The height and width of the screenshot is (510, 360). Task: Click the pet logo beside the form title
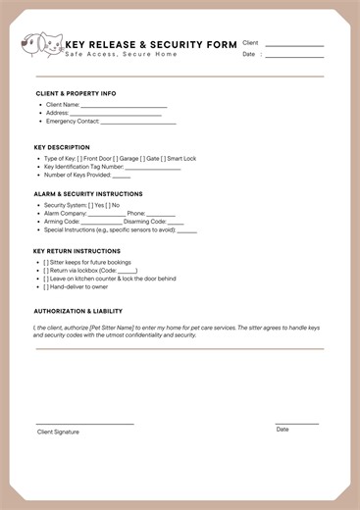41,44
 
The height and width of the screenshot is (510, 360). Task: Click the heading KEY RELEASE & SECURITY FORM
150,45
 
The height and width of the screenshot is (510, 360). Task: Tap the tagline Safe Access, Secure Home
122,54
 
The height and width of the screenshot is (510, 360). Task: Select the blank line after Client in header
294,45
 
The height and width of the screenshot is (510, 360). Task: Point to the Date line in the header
294,57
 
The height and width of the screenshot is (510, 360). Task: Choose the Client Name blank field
124,106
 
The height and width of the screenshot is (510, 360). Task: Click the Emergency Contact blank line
138,123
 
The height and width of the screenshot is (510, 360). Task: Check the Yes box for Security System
91,205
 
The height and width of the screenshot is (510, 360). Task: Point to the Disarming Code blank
176,222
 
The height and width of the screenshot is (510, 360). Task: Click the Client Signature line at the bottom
84,424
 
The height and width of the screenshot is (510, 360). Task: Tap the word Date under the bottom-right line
283,430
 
